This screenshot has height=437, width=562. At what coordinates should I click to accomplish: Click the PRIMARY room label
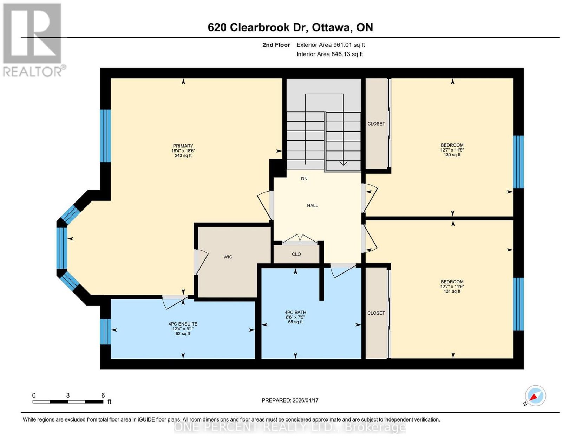[183, 146]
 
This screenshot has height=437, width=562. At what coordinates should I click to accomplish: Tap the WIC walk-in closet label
[228, 257]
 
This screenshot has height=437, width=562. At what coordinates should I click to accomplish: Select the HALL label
[312, 206]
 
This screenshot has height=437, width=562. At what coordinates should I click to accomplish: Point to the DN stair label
[304, 179]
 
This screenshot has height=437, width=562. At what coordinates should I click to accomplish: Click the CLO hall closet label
[296, 254]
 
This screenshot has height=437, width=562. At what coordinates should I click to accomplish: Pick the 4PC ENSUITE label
[183, 324]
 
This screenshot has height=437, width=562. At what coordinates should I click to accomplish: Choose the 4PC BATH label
[295, 312]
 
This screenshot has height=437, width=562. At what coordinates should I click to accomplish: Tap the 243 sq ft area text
[183, 156]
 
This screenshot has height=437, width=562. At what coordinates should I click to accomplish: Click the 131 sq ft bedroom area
[452, 291]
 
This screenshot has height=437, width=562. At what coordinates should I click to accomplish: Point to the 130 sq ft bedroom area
[452, 155]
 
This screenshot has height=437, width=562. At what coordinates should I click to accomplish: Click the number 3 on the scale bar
[68, 396]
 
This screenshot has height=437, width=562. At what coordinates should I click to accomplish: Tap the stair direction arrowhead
[343, 163]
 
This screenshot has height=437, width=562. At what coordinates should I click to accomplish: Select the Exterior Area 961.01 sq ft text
[331, 45]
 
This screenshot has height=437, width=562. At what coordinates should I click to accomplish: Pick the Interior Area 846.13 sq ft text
[330, 54]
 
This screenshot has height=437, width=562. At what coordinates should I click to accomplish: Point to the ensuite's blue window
[105, 332]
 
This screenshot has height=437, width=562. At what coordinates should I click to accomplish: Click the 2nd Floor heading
[276, 45]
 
